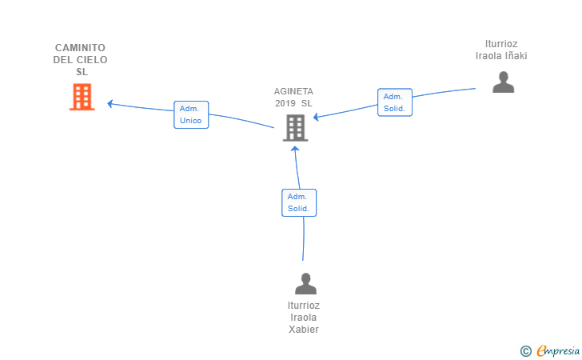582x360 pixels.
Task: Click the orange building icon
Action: tap(82, 97)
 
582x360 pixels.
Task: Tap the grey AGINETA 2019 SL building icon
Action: tap(296, 128)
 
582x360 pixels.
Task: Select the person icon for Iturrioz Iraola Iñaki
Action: tap(504, 82)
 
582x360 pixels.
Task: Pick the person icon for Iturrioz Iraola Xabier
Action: tap(305, 283)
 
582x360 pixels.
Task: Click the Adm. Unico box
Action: tap(191, 114)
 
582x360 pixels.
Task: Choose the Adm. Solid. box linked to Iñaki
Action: tap(395, 102)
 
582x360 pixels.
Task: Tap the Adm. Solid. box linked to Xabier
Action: tap(299, 202)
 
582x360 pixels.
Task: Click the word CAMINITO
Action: tap(80, 48)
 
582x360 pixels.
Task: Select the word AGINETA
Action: tap(293, 91)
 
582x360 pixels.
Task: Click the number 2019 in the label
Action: tap(285, 103)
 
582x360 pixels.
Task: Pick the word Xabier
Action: tap(304, 330)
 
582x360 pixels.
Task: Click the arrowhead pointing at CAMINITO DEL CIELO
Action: tap(110, 104)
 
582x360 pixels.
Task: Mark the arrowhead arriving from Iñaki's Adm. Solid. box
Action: tap(316, 117)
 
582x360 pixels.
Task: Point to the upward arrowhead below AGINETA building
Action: tap(295, 149)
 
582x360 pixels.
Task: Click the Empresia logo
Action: tap(558, 350)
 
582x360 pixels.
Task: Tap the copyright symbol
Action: tap(525, 351)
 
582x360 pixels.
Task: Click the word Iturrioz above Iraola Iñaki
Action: tap(501, 44)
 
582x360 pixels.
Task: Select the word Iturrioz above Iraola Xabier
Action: tap(304, 306)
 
